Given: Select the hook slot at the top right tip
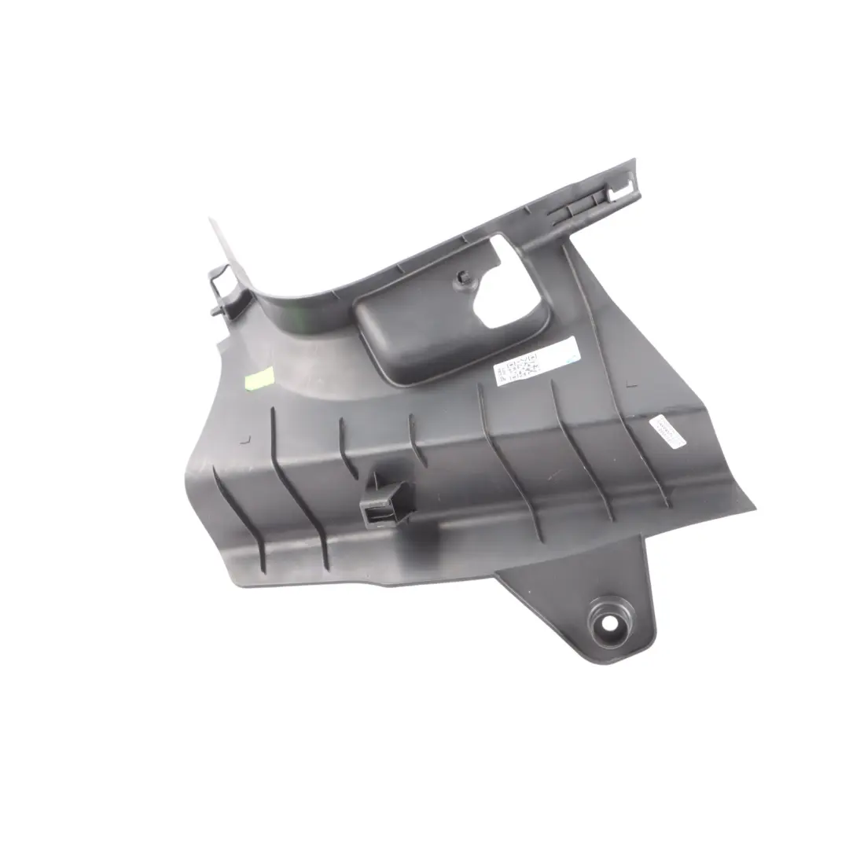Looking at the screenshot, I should coord(620,189).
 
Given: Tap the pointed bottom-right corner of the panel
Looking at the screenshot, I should coord(751,508).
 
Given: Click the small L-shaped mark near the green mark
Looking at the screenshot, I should coord(246,440).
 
